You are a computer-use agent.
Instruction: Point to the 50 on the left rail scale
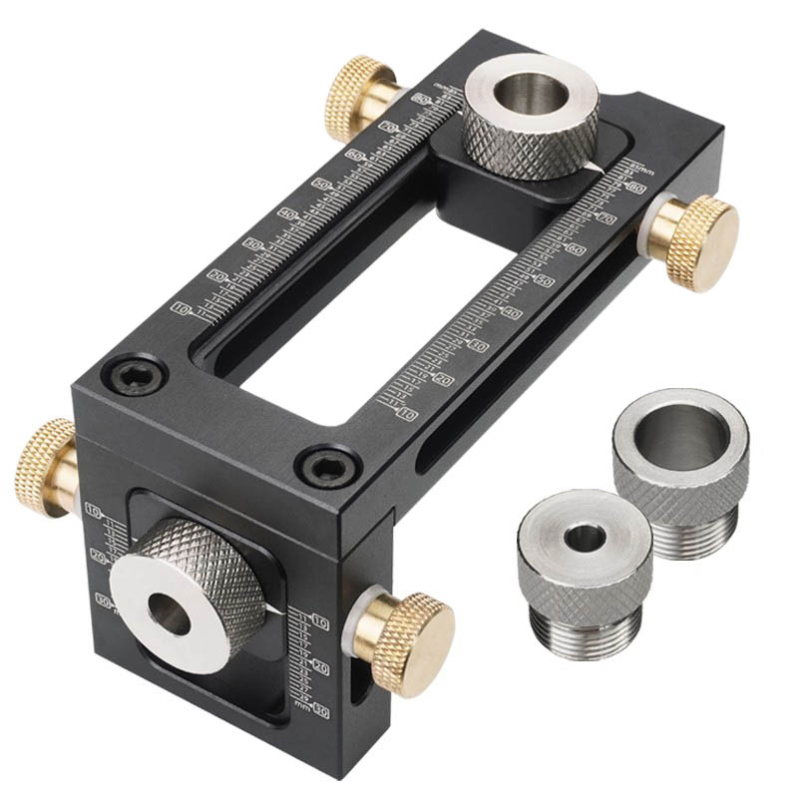pos(321,184)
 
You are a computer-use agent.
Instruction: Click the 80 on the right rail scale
pos(634,187)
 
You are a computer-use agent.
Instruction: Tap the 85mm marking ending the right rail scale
pos(639,170)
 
